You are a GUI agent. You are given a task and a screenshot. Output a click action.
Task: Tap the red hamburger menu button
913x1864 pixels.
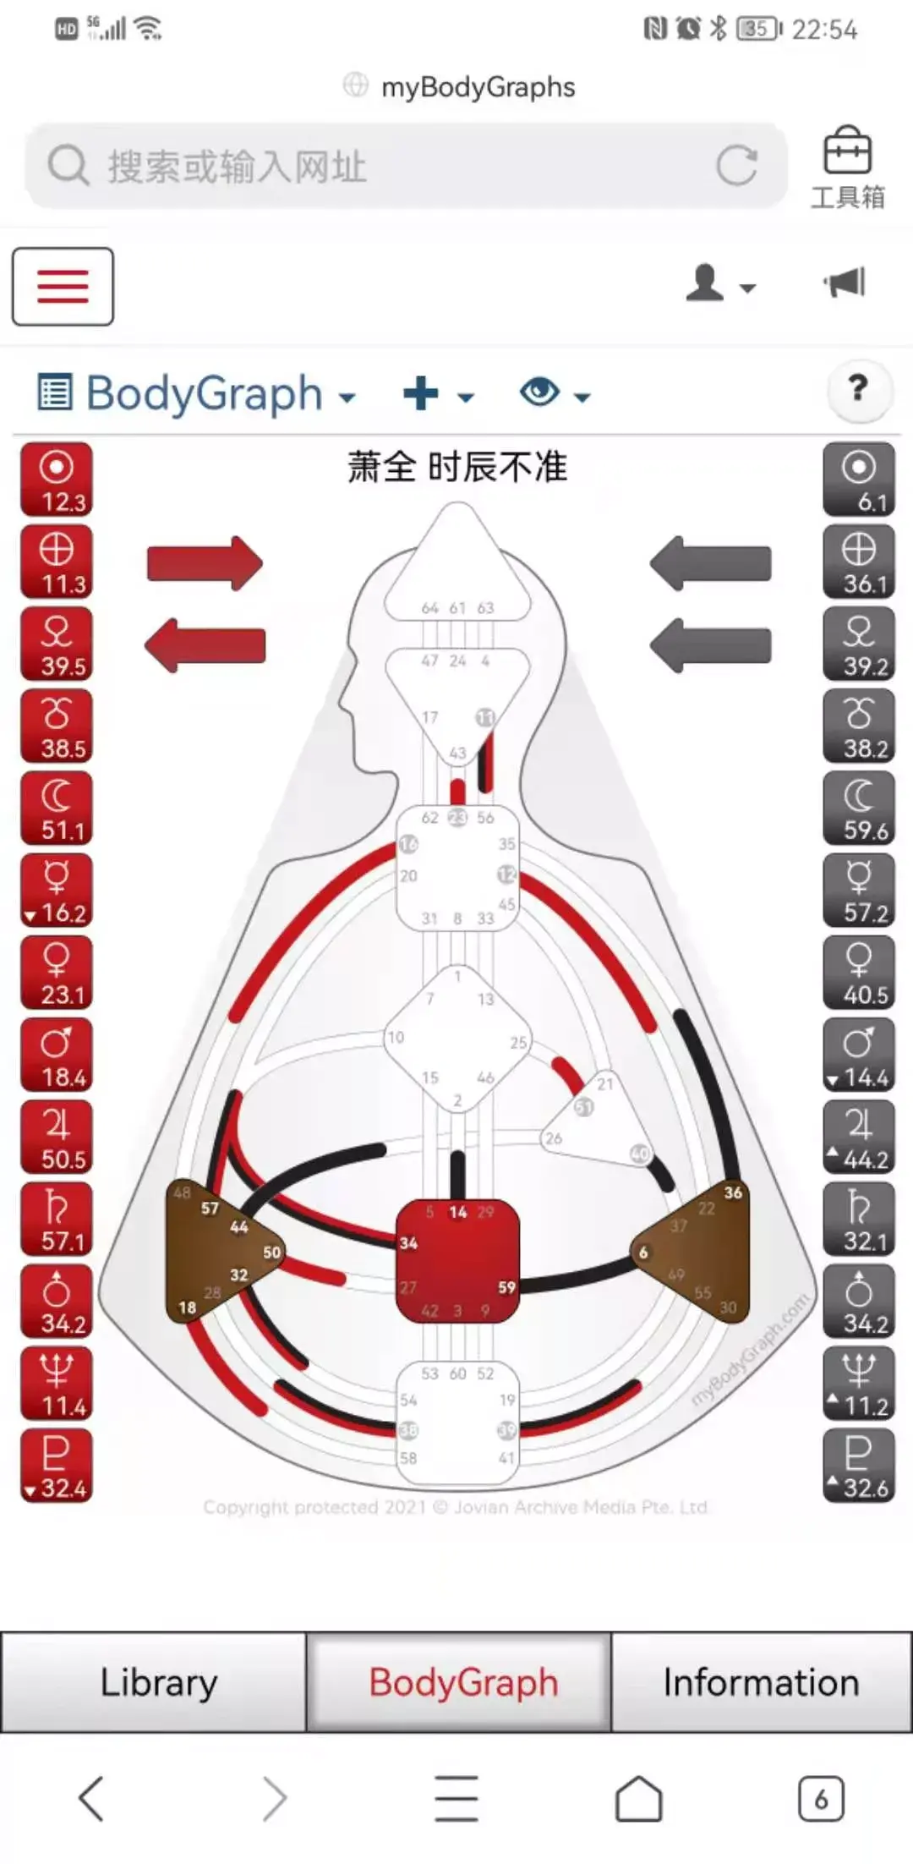(x=63, y=286)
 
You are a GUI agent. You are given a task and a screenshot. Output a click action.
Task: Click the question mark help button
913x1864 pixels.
(x=858, y=389)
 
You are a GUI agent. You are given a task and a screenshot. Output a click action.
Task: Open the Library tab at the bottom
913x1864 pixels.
(x=158, y=1682)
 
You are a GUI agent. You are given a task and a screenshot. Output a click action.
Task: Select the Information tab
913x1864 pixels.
(x=761, y=1682)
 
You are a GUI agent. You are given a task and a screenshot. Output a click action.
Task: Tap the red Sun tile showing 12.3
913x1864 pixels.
(x=57, y=480)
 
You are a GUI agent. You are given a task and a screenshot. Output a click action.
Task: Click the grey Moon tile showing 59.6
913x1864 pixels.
(x=858, y=809)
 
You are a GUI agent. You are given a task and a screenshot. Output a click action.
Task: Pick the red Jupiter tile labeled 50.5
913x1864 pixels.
(x=57, y=1138)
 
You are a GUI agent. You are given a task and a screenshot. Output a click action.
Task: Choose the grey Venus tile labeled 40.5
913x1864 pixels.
(x=858, y=973)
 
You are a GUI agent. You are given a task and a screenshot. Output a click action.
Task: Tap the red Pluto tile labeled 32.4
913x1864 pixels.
(x=57, y=1467)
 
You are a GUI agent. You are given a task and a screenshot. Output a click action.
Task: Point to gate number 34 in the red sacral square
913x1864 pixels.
(x=408, y=1243)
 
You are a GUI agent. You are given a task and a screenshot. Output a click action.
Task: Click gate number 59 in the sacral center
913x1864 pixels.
(x=506, y=1287)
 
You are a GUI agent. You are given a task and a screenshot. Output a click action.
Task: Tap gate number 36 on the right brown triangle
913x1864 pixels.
(x=733, y=1192)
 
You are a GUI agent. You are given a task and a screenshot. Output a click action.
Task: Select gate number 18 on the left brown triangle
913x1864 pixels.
(x=187, y=1308)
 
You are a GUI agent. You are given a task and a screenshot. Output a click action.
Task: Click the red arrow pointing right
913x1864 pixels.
(x=205, y=563)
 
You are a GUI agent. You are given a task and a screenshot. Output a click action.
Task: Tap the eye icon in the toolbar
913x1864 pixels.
(x=540, y=392)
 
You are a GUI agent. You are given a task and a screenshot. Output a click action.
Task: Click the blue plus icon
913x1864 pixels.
(x=421, y=393)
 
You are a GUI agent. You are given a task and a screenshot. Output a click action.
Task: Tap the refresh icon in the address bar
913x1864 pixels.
(x=736, y=166)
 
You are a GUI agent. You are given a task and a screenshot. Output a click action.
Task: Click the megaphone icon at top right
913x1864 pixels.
(x=845, y=282)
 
